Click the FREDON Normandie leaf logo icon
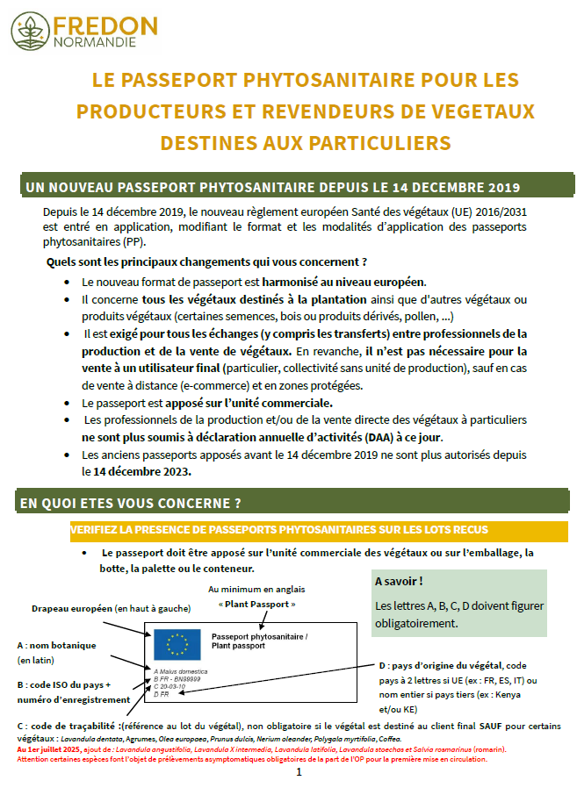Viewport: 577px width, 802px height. (x=31, y=30)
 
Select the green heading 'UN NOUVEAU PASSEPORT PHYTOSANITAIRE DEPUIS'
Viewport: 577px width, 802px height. (x=272, y=187)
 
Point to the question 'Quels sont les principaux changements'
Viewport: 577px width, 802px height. (x=206, y=262)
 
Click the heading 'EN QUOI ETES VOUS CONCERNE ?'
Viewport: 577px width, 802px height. (x=130, y=503)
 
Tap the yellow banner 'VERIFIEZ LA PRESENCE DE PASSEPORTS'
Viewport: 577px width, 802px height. (x=278, y=530)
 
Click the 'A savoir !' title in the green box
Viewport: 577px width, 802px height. (x=400, y=582)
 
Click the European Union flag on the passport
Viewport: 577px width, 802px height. (x=178, y=644)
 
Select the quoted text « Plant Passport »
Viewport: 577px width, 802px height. (x=256, y=605)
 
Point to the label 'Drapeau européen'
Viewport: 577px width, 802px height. (x=72, y=608)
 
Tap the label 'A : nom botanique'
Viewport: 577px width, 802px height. (x=56, y=645)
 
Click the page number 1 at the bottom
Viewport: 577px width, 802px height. (x=298, y=772)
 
